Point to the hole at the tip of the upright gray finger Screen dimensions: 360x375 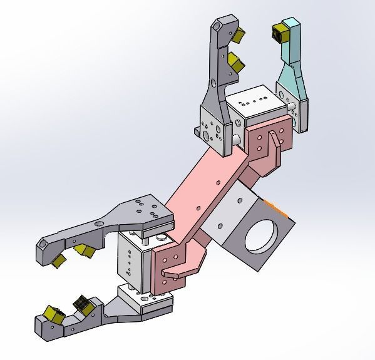pyautogui.click(x=218, y=28)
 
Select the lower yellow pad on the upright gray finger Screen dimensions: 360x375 pyautogui.click(x=235, y=61)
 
